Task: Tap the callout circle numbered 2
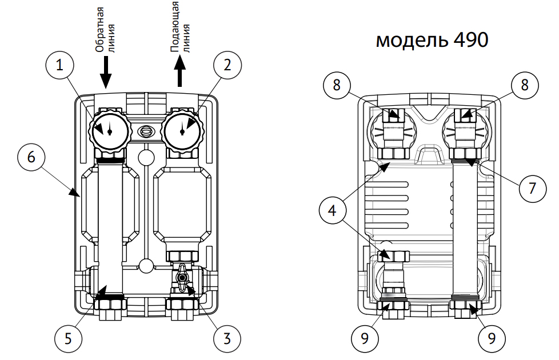click(227, 66)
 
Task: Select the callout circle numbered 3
click(227, 338)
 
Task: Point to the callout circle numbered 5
click(68, 338)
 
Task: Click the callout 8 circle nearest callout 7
click(523, 85)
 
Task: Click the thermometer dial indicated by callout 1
click(109, 130)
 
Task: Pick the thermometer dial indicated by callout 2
click(182, 130)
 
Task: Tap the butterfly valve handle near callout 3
click(182, 278)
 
